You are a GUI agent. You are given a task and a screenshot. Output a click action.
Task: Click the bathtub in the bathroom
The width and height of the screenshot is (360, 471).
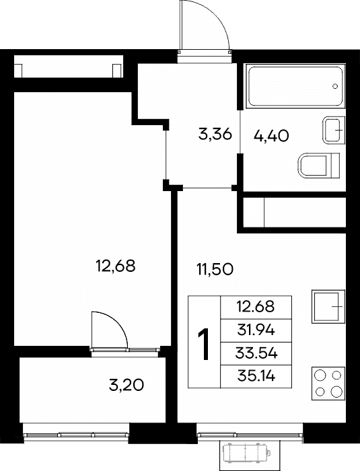pos(295,85)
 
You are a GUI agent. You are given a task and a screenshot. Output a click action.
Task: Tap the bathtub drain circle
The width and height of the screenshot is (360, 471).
pos(335,86)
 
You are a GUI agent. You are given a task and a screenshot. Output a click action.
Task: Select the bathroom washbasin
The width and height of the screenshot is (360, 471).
pos(334,131)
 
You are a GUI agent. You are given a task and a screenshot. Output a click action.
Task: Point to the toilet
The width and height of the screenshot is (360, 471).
pos(319,165)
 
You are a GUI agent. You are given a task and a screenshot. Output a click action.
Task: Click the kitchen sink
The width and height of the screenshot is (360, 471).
pos(328,306)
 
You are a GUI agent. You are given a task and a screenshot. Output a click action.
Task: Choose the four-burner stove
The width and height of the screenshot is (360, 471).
pos(328,384)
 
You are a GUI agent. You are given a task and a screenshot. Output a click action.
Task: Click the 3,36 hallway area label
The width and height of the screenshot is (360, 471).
pos(215,134)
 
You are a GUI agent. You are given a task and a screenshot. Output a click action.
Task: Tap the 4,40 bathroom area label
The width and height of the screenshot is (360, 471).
pos(271,136)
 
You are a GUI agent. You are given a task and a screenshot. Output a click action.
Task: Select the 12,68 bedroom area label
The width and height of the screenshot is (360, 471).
pos(115,266)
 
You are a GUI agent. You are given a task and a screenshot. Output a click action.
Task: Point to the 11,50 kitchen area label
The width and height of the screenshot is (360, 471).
pos(215,269)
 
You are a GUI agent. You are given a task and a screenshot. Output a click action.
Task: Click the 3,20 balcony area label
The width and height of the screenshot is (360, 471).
pos(127,385)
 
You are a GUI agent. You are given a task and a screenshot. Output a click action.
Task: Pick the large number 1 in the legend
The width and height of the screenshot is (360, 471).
pos(204,344)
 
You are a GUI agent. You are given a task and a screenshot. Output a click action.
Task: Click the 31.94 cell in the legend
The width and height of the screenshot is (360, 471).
pos(256,330)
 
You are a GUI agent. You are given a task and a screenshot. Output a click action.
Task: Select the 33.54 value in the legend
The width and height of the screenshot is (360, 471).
pos(256,353)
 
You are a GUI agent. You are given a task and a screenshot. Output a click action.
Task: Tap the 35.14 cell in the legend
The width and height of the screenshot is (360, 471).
pos(256,376)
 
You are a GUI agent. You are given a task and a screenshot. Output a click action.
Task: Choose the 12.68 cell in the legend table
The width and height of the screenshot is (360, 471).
pos(256,307)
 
